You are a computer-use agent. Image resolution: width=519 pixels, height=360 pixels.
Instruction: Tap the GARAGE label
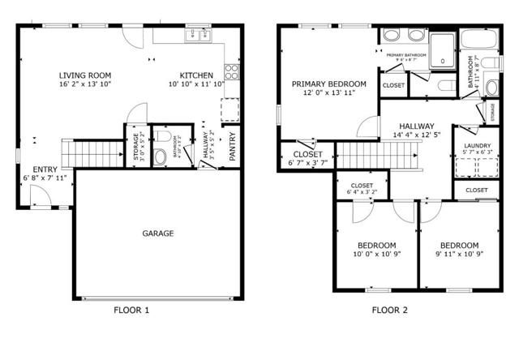pyautogui.click(x=158, y=234)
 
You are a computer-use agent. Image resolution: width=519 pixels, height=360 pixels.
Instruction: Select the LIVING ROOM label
pyautogui.click(x=85, y=75)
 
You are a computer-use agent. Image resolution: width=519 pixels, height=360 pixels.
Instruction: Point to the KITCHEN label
pyautogui.click(x=196, y=75)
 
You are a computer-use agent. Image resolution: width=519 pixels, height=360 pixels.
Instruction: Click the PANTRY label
pyautogui.click(x=233, y=146)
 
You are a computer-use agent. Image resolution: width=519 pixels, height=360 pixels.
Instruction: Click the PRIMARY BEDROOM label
pyautogui.click(x=329, y=84)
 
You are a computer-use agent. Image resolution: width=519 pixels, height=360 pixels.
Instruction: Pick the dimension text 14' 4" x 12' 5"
pyautogui.click(x=416, y=135)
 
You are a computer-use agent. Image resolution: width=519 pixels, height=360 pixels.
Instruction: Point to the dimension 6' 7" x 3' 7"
pyautogui.click(x=307, y=163)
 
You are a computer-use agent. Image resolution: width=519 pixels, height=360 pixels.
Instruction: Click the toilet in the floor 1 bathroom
pyautogui.click(x=160, y=156)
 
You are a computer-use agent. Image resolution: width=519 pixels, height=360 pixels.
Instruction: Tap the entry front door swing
pyautogui.click(x=38, y=195)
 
